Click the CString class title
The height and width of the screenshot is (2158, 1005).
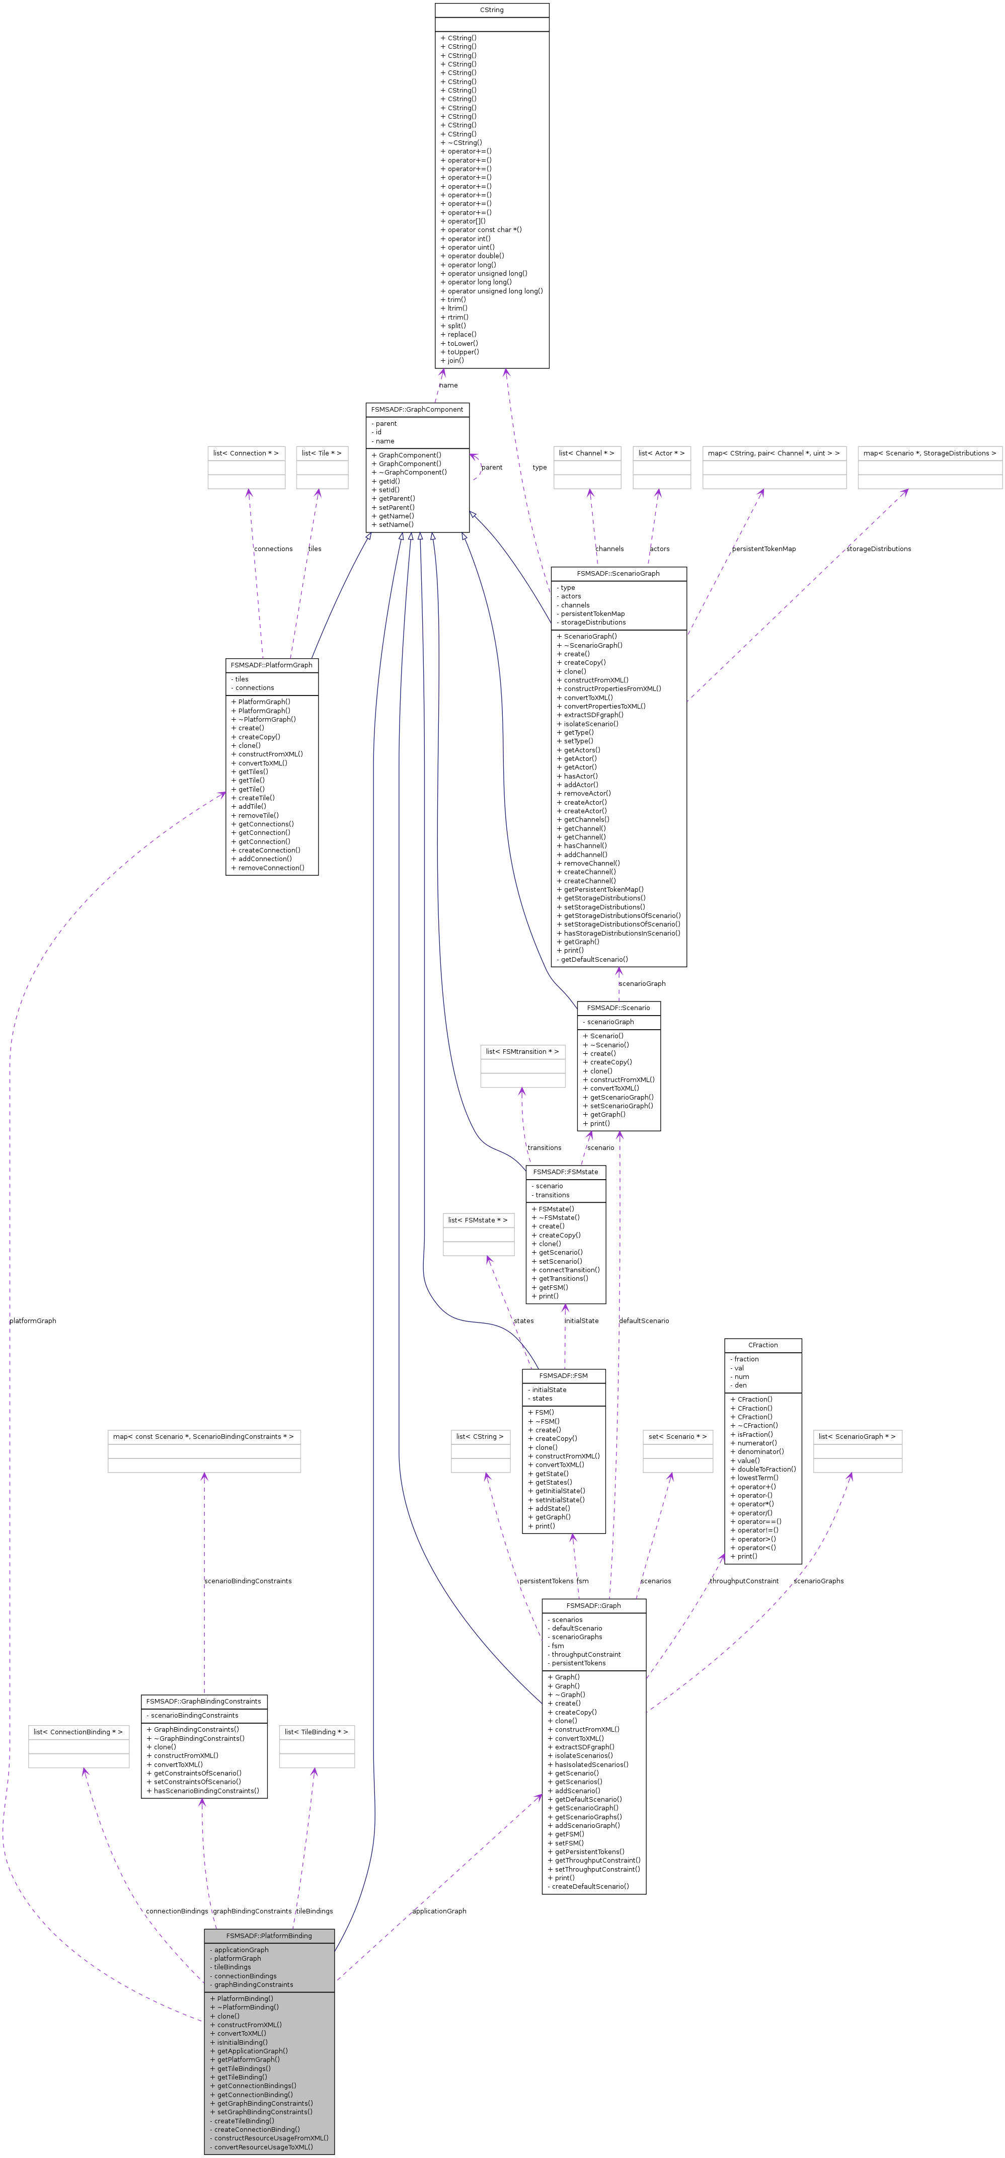[492, 10]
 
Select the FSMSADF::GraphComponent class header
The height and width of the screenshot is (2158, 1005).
[417, 410]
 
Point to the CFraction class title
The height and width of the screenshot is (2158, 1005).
[763, 1345]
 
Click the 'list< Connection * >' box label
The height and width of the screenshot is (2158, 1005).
[246, 453]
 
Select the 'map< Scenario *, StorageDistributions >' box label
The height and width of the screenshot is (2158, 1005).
[930, 453]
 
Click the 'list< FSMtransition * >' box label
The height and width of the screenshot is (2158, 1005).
[522, 1051]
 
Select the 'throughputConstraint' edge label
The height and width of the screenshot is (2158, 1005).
[744, 1581]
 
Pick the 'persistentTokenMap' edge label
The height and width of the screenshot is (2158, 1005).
[764, 549]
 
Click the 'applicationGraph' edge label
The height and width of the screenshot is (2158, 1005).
[439, 1911]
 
